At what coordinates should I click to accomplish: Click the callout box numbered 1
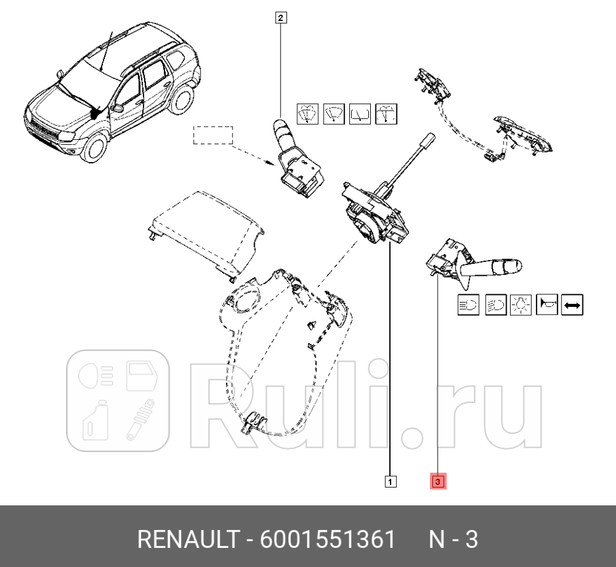coord(391,482)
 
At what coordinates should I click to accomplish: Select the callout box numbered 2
coord(281,18)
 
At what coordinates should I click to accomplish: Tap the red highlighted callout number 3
coord(439,482)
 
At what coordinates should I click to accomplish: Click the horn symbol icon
coord(547,305)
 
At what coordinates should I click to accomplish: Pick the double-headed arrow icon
coord(572,305)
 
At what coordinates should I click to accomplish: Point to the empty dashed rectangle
coord(213,135)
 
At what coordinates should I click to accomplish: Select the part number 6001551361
coord(328,540)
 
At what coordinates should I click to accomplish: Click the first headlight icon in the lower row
coord(469,305)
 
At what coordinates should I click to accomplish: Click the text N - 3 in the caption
coord(453,540)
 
